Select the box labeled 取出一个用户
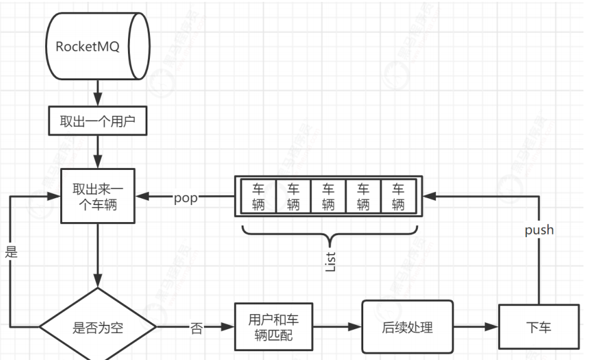97,122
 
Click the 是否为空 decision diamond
97,327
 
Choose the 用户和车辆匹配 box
274,327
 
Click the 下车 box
539,327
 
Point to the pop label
186,198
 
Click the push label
539,230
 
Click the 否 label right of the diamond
196,328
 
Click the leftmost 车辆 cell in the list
258,196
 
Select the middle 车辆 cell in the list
328,196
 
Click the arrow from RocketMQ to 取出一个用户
97,97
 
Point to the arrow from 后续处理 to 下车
475,327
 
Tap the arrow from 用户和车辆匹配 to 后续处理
336,327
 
